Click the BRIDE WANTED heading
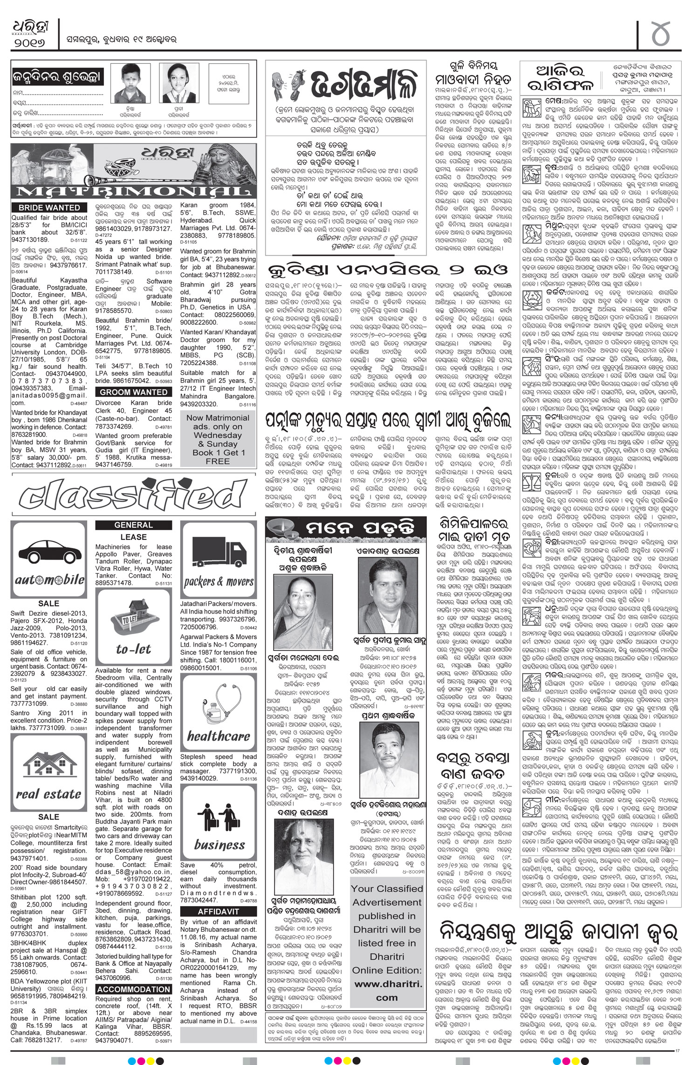49,208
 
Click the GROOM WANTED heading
134,392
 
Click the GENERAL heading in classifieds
133,525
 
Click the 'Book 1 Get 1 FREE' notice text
218,457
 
